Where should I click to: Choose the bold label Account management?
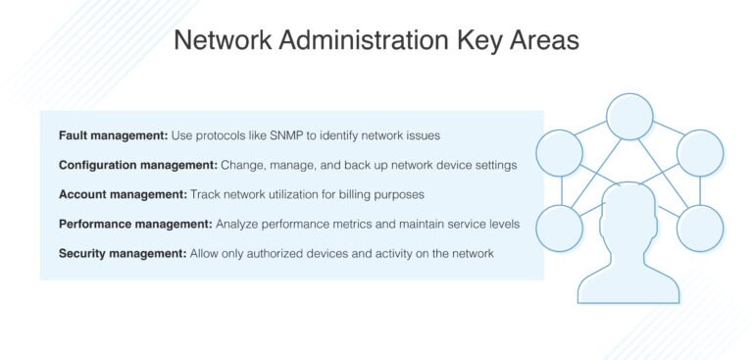117,195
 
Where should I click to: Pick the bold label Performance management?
128,225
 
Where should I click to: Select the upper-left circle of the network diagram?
561,153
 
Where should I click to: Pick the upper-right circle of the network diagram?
700,153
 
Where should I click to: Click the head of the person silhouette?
629,212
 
